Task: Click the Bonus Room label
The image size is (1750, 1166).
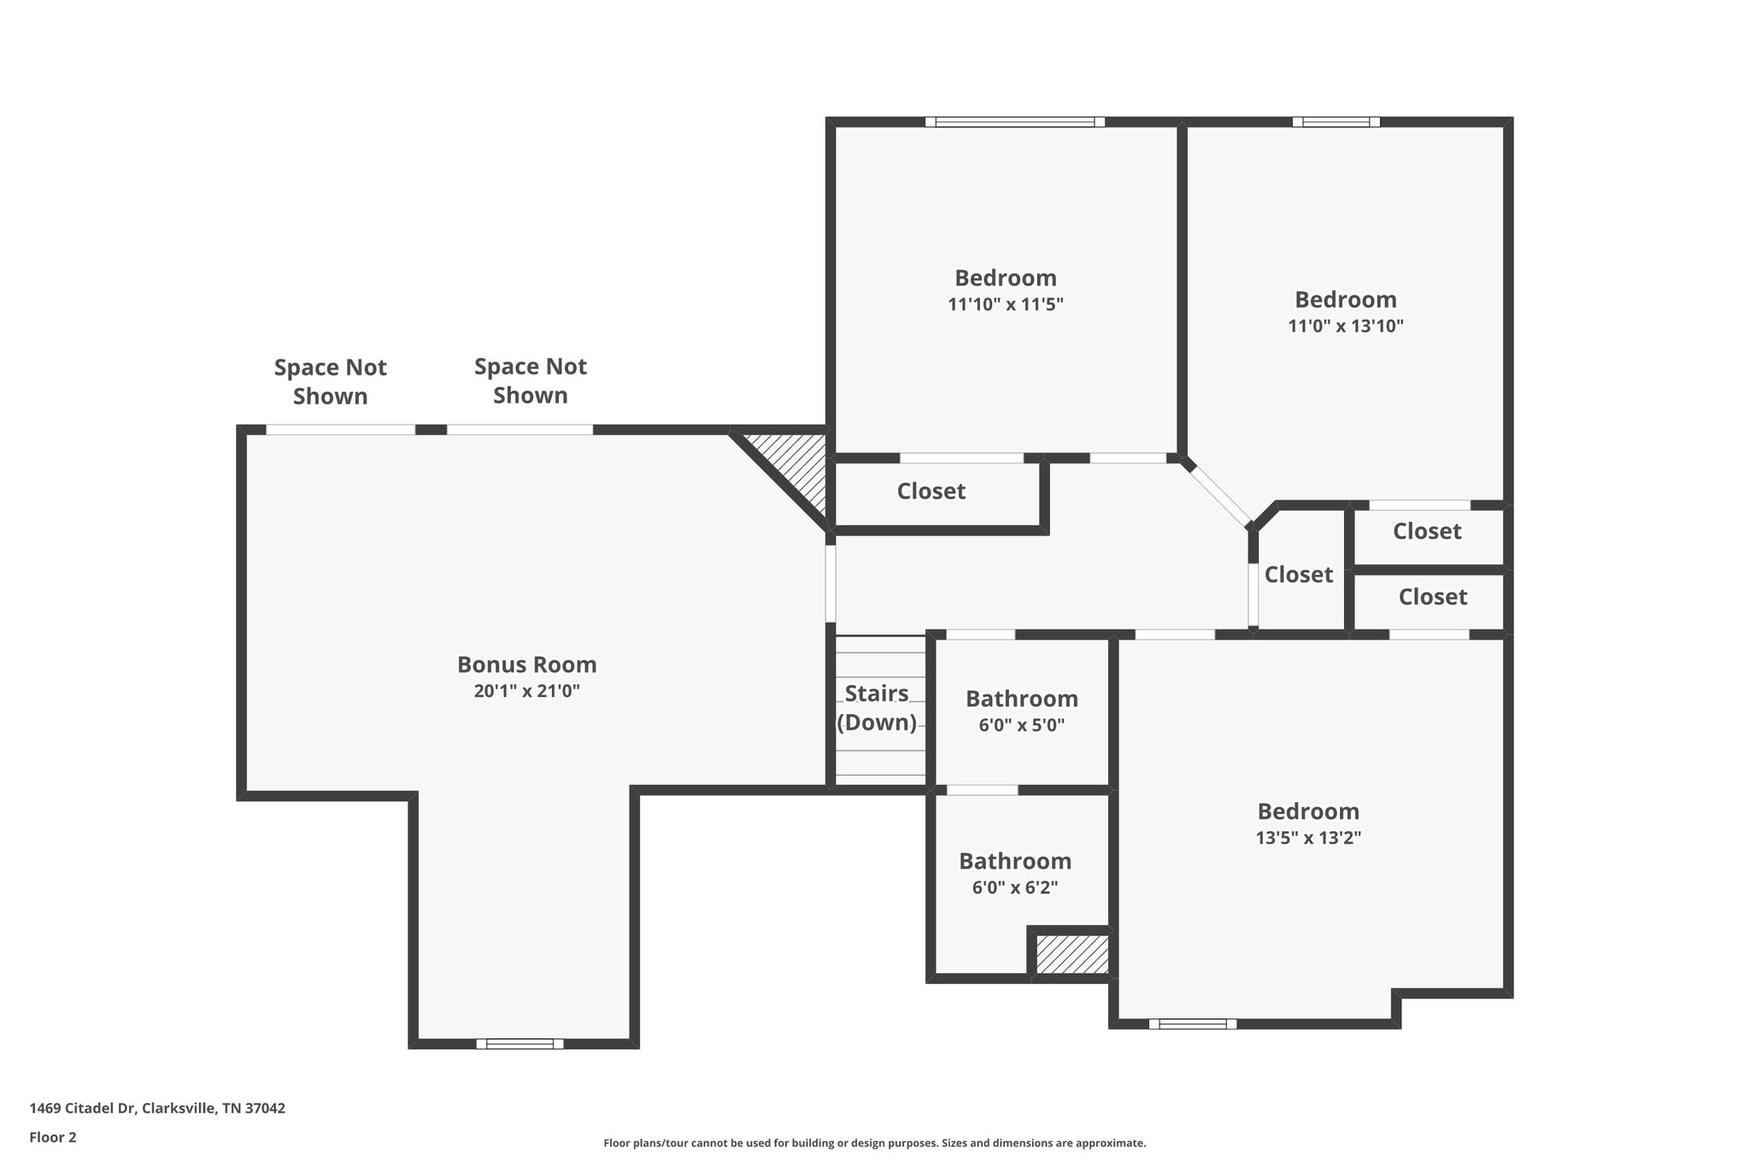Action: pos(526,665)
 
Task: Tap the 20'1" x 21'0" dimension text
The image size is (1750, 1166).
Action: pos(526,691)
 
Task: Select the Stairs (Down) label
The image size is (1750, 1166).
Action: pos(877,708)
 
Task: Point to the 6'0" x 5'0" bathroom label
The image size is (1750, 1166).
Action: pos(1022,726)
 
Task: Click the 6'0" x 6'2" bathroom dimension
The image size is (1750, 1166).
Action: pos(1015,888)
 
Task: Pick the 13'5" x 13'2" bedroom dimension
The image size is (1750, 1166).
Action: pos(1308,838)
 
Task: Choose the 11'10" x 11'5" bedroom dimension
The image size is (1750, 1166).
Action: pos(1006,304)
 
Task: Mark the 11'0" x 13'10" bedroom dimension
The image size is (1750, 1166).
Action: pos(1346,325)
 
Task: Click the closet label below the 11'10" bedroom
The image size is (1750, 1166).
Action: pos(931,491)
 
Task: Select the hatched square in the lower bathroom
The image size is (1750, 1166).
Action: pos(1072,954)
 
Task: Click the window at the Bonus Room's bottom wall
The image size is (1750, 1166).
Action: pos(520,1043)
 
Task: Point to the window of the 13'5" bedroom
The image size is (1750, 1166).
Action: pos(1192,1023)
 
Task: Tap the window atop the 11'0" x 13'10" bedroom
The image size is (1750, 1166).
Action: pos(1336,122)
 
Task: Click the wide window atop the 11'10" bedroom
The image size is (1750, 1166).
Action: pos(1015,122)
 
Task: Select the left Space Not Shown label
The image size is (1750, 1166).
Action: pos(331,382)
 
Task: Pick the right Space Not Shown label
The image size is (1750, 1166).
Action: pos(531,381)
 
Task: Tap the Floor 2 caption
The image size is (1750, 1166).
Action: pos(53,1137)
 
